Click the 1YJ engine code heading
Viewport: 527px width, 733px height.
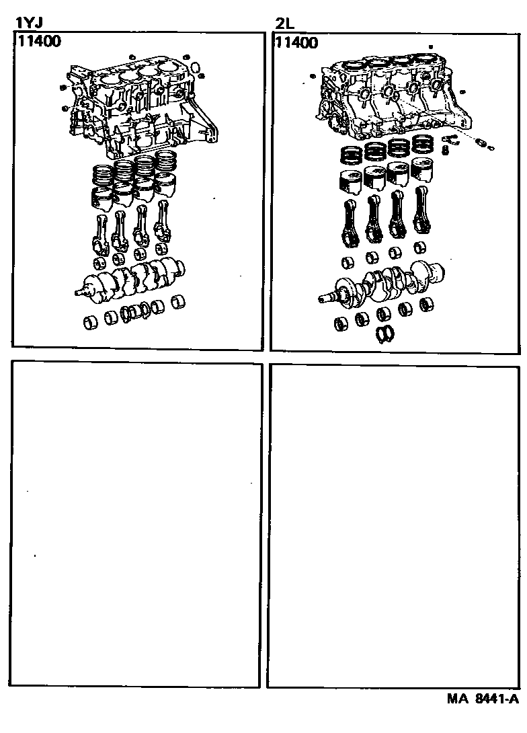[x=30, y=23]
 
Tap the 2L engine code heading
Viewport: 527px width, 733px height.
[x=285, y=24]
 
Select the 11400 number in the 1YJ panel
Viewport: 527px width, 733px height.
[x=40, y=41]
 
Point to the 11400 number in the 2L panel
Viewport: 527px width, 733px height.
[x=296, y=43]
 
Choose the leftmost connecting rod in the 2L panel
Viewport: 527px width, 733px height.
[x=350, y=223]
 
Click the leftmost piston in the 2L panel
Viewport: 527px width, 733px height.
[x=350, y=183]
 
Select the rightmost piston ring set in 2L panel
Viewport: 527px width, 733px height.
[x=423, y=145]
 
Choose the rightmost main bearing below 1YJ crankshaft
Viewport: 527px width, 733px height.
[x=179, y=303]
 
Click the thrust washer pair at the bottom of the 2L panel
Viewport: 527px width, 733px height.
[x=384, y=333]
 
